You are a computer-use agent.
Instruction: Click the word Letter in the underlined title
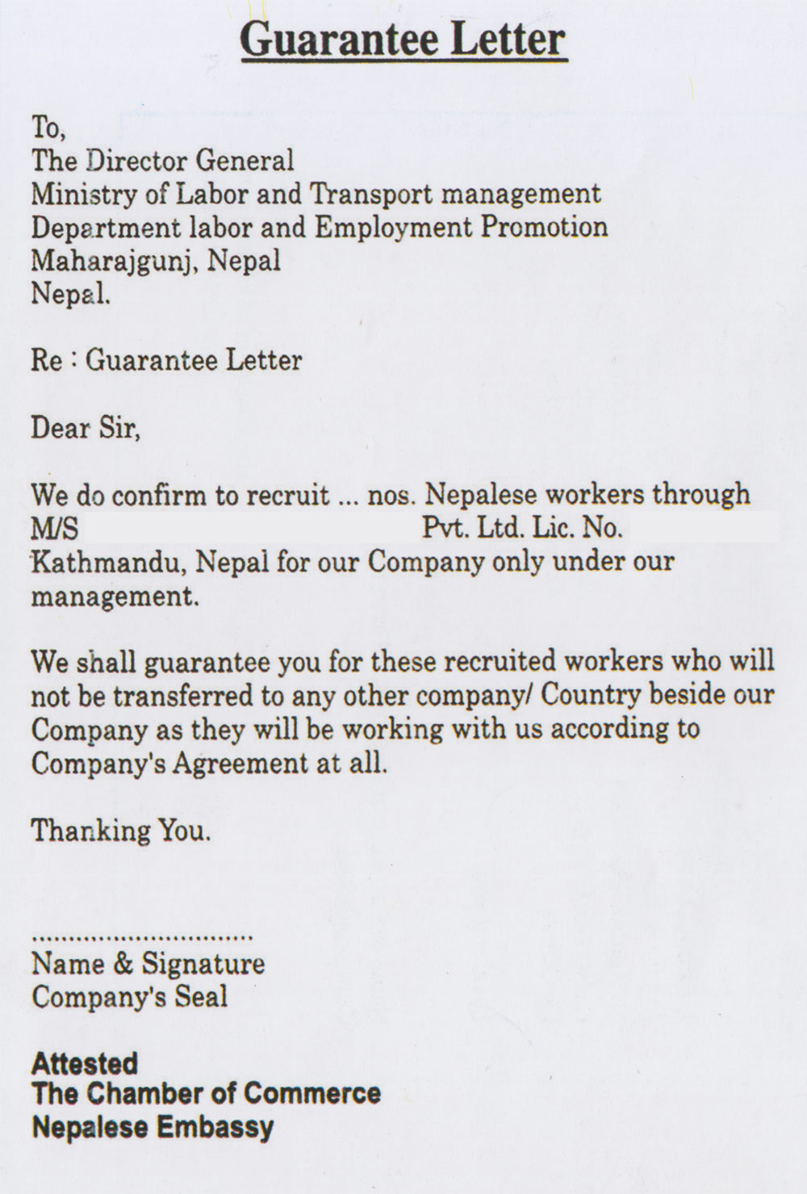tap(508, 39)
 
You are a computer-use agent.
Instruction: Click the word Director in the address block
tap(136, 161)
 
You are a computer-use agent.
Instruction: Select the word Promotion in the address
tap(545, 227)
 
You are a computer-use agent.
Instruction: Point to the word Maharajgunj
tap(112, 261)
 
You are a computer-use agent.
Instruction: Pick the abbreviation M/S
tap(54, 529)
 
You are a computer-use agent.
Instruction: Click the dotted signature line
tap(142, 938)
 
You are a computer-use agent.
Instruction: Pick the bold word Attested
tap(85, 1063)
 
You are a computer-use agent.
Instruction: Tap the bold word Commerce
tap(312, 1094)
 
